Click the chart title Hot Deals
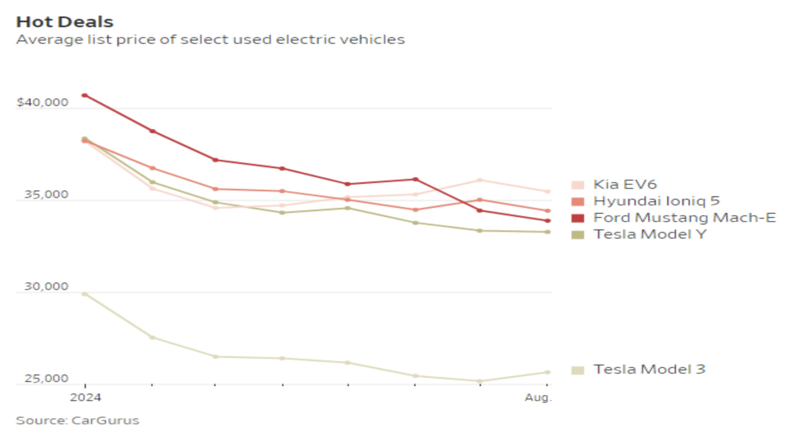point(65,22)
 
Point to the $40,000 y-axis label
point(42,102)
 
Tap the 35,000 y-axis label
point(46,194)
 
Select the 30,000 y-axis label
point(46,286)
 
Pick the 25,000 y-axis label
point(46,378)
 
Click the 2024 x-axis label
point(85,397)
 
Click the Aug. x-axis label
point(538,397)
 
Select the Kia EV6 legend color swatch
point(577,185)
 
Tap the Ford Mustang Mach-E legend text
point(684,218)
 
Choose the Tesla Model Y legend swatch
point(577,235)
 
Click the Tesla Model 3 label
point(649,369)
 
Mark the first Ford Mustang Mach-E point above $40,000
point(85,95)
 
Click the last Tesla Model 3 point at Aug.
point(547,372)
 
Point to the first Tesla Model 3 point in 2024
point(85,294)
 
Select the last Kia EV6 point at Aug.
point(547,192)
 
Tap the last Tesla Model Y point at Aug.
point(547,232)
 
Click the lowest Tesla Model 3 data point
point(480,381)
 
